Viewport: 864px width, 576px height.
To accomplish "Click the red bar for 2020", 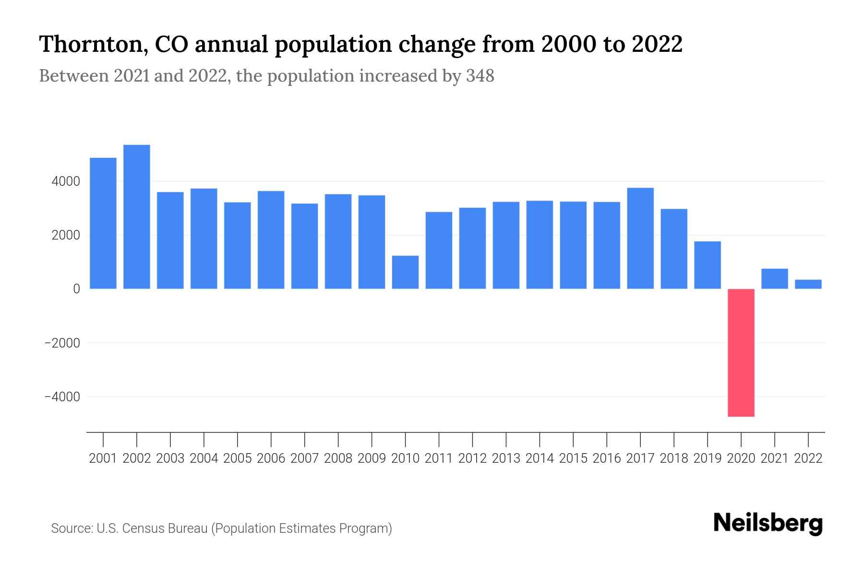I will pos(741,352).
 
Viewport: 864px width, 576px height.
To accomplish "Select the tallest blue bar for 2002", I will pos(137,216).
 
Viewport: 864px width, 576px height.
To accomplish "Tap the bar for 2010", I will pos(405,272).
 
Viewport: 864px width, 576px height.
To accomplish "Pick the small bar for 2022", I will pos(808,284).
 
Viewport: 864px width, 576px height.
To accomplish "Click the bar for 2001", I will pos(103,223).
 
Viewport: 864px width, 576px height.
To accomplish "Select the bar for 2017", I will pos(640,238).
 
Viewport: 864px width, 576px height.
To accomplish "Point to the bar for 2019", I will pos(708,265).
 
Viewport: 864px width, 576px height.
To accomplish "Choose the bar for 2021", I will pos(775,278).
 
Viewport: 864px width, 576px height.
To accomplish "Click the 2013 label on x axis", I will pos(506,458).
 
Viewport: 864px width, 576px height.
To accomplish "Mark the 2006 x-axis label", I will pos(271,458).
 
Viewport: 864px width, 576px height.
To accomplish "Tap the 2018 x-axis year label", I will pos(674,458).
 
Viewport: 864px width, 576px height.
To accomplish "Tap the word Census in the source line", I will pos(144,528).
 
